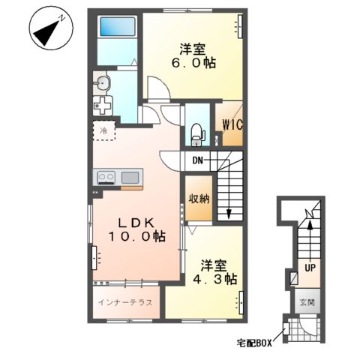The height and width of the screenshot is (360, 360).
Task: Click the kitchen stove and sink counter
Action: coord(118,178)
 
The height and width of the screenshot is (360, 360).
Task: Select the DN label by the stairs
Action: coord(196,160)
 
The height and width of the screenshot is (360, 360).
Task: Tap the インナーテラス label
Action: coord(125,302)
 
